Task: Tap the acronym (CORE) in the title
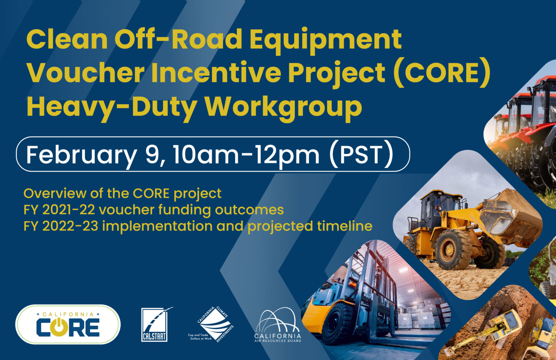[442, 73]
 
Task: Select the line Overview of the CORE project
[122, 193]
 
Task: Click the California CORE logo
[68, 325]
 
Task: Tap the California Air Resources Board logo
[278, 325]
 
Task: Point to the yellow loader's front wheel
[453, 250]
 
